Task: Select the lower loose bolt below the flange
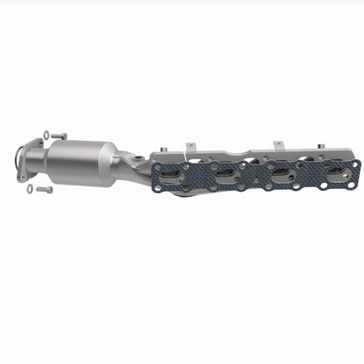point(44,189)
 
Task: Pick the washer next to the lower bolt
point(30,188)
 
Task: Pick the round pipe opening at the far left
point(19,163)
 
